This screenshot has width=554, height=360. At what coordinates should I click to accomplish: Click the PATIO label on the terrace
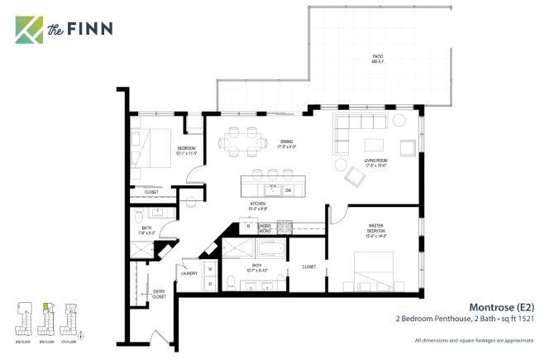(376, 58)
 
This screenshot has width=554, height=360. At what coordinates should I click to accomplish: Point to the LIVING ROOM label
(377, 163)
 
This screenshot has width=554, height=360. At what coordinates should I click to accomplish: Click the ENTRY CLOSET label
(159, 294)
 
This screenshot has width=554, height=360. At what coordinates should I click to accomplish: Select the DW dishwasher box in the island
(288, 190)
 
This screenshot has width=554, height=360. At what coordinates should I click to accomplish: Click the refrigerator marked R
(248, 225)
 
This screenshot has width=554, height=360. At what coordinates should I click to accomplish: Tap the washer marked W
(209, 268)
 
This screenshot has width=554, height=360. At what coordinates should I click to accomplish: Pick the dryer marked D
(209, 283)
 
